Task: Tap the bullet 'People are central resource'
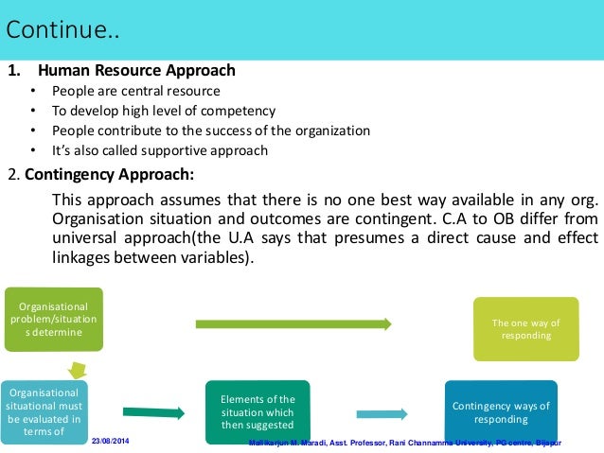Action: pos(136,91)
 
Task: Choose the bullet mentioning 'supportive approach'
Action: pos(160,150)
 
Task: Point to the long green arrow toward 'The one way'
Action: pos(293,323)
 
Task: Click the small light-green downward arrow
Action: pos(75,369)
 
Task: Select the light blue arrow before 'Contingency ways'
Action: pos(382,413)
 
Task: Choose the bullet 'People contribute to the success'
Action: pos(211,131)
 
